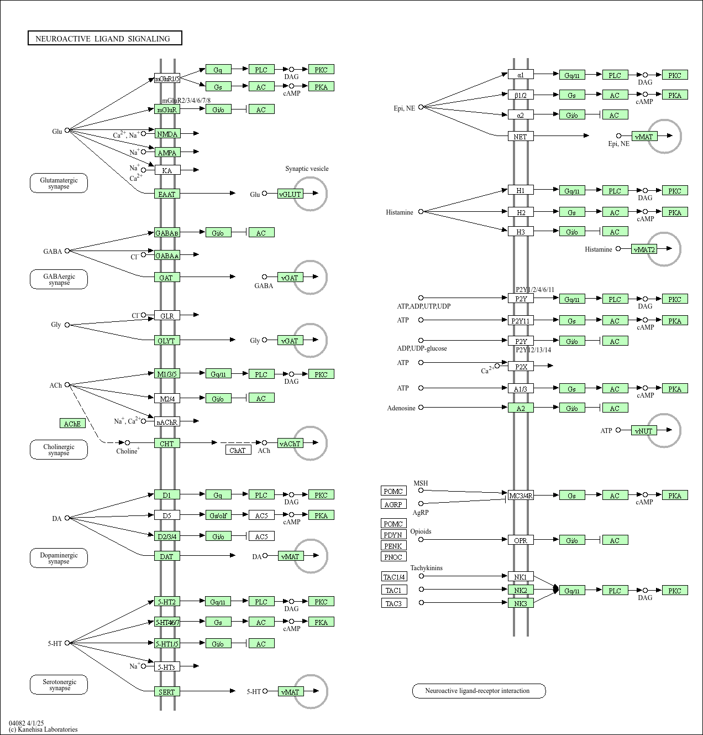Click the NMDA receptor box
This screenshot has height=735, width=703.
tap(167, 134)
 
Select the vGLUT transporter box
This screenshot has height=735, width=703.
tap(290, 194)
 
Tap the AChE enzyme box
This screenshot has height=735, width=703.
tap(72, 424)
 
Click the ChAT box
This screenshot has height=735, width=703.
tap(238, 450)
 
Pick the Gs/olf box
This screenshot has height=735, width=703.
tap(218, 515)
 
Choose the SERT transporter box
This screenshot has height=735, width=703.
tap(167, 691)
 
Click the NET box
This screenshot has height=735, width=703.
tap(521, 136)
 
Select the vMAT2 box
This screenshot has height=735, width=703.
tap(644, 249)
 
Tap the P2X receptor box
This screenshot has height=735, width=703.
tap(521, 366)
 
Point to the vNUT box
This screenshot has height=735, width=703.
tap(644, 431)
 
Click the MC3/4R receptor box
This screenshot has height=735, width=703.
tap(521, 496)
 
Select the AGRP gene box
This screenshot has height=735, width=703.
tap(394, 504)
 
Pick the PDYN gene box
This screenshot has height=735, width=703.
tap(394, 535)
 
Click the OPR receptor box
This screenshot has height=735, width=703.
tap(521, 540)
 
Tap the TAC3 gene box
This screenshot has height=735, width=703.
tap(394, 603)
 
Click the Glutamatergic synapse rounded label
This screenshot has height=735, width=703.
tap(59, 183)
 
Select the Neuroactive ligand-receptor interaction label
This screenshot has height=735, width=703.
tap(479, 691)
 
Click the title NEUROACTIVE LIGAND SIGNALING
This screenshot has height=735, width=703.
tap(104, 38)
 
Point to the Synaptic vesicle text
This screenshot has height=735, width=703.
tap(307, 169)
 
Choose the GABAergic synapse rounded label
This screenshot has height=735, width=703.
tap(59, 279)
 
